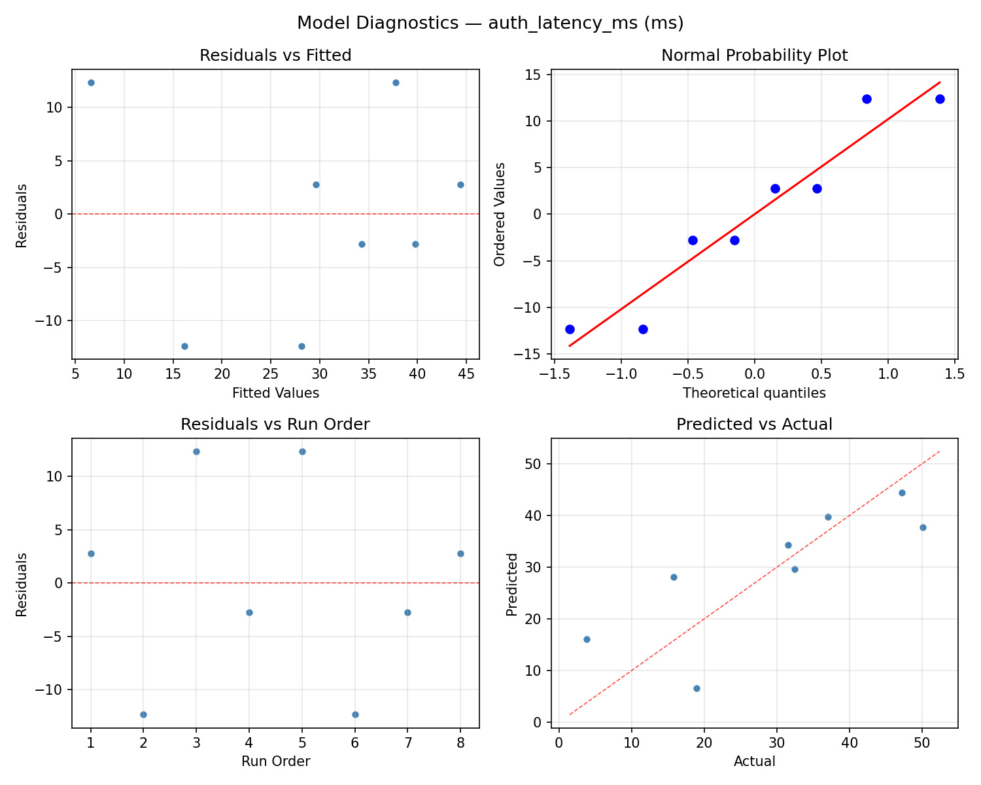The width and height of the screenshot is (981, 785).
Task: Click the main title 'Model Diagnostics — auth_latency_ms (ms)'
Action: (x=490, y=23)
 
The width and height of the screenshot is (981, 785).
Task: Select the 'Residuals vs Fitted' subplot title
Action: (x=275, y=56)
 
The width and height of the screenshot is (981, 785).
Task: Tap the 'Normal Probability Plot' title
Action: (x=754, y=56)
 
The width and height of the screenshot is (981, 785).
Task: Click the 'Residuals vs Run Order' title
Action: (x=275, y=425)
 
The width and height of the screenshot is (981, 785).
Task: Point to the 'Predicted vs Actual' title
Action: (x=754, y=425)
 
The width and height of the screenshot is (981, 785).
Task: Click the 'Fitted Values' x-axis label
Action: (x=275, y=393)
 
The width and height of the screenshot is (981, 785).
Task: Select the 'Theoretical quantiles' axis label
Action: (x=754, y=393)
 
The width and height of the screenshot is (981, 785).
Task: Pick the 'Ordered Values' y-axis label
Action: (x=500, y=215)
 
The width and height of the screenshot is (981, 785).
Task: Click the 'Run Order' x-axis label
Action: (x=275, y=761)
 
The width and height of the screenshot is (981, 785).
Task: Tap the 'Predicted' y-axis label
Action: (x=513, y=584)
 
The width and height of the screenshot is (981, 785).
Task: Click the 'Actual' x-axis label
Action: (x=754, y=761)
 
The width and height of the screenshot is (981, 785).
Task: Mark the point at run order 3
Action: (x=196, y=451)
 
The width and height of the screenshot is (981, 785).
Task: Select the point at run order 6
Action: (x=355, y=714)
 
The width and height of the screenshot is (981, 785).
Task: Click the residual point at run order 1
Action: (x=91, y=553)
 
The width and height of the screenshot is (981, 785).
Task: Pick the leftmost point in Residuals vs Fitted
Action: (x=91, y=82)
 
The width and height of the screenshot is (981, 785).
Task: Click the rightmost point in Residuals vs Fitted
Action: (x=460, y=184)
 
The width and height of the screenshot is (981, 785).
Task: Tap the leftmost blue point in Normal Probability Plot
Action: (x=570, y=329)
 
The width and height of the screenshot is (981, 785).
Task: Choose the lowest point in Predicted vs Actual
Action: (x=697, y=688)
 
